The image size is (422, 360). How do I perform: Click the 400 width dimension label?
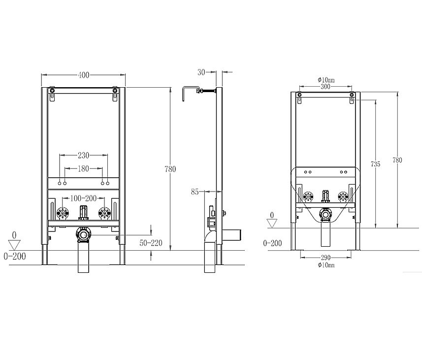(x=84, y=75)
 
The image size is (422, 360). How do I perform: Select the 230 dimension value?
(x=83, y=155)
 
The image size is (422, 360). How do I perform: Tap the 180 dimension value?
(x=83, y=169)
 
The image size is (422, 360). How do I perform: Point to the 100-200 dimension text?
(x=83, y=198)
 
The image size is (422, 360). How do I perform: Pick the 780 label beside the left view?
(x=170, y=169)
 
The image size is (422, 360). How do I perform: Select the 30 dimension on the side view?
(x=201, y=72)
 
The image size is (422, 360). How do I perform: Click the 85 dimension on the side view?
(x=195, y=192)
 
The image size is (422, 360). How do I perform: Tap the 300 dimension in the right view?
(x=325, y=86)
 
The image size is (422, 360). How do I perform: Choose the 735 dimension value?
(x=375, y=164)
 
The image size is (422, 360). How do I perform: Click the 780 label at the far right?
(x=397, y=160)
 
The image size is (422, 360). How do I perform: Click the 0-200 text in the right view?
(x=272, y=243)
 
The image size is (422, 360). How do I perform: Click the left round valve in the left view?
(x=62, y=213)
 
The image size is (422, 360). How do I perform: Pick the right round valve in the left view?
(x=103, y=213)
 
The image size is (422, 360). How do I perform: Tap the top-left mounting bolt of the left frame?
(x=52, y=90)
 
